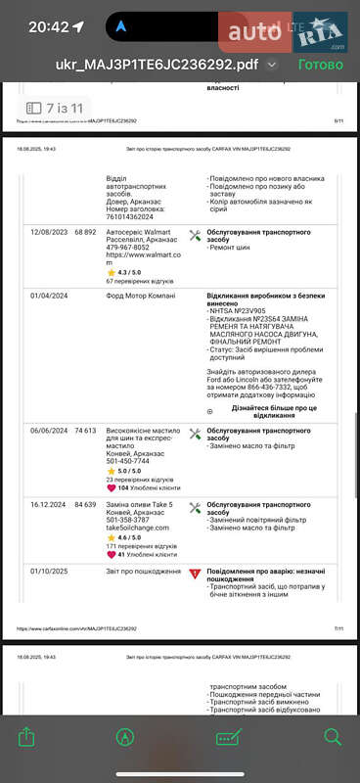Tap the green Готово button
320,65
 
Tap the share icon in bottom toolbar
27,737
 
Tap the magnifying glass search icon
333,737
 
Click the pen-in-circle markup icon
125,737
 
